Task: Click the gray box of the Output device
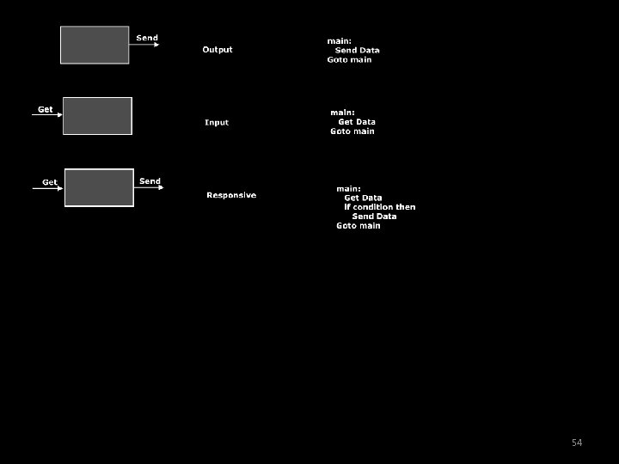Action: click(x=95, y=45)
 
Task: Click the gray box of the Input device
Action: click(x=97, y=116)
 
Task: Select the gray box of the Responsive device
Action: click(x=99, y=187)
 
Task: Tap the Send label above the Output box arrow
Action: click(x=147, y=38)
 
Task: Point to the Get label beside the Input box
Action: click(x=45, y=109)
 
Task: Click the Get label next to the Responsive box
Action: click(x=50, y=182)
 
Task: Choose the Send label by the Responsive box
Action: click(x=150, y=181)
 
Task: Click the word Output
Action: click(x=218, y=50)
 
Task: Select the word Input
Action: click(x=217, y=123)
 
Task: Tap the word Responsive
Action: click(x=231, y=195)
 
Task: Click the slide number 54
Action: click(x=577, y=443)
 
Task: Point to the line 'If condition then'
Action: click(x=379, y=207)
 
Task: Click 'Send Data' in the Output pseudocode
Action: click(x=357, y=51)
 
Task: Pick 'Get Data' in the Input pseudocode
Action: click(x=357, y=122)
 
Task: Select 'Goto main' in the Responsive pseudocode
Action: click(x=358, y=226)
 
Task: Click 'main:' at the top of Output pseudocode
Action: click(x=339, y=41)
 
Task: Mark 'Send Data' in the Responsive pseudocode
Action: click(x=374, y=217)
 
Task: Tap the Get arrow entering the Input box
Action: click(x=47, y=115)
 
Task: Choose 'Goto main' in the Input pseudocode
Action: click(x=352, y=131)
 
